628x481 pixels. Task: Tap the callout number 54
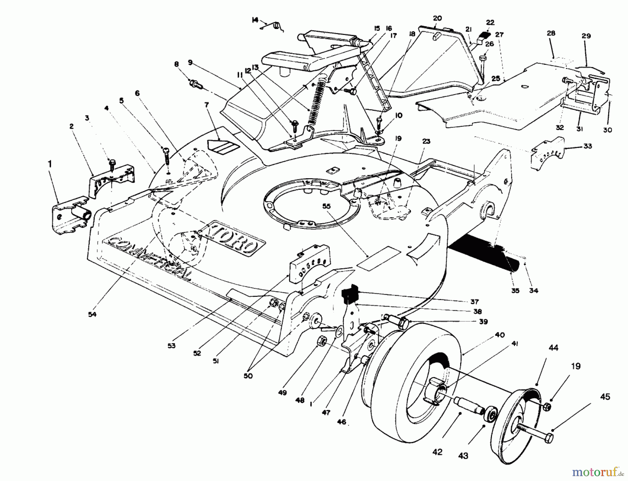click(x=92, y=314)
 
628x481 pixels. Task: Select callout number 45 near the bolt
click(x=605, y=397)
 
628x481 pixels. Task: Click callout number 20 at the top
click(x=437, y=18)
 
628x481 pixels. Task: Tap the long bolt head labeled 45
click(x=548, y=438)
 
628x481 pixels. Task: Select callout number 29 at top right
click(x=586, y=36)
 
